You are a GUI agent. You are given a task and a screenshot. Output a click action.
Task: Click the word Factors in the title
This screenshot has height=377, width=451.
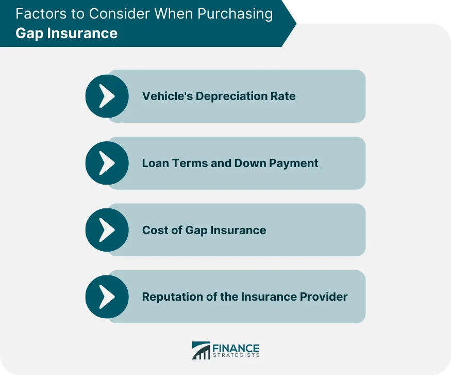coord(38,13)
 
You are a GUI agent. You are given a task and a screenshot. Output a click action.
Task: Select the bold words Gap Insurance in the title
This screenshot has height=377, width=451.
coord(66,34)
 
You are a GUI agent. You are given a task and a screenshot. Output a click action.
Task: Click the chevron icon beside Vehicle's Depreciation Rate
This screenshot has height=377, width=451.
coord(107,96)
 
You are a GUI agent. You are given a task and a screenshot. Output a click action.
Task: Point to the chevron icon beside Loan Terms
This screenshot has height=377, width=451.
coord(107,163)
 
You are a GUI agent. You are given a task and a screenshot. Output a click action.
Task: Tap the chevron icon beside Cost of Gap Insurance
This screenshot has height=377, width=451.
coord(107,230)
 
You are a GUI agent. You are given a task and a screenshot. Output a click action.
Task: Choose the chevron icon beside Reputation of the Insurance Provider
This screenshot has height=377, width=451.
coord(107,297)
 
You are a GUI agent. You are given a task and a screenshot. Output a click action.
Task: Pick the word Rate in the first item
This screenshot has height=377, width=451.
coord(285,96)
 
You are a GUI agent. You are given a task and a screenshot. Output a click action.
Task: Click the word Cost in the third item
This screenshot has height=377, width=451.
coord(154,230)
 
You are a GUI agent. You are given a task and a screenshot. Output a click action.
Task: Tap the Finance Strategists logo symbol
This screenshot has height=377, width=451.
coord(201,350)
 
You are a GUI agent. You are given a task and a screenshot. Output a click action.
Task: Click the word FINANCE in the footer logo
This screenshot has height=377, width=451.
coord(236,348)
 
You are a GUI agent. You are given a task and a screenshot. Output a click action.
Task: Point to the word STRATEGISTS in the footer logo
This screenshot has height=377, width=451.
coord(236,355)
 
